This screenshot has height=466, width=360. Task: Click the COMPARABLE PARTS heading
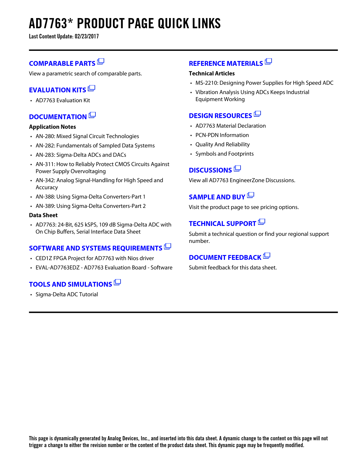point(62,64)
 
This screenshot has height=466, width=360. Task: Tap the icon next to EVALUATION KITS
point(91,88)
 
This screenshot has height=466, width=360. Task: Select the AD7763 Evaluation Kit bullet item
point(63,100)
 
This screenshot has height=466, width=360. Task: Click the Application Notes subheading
point(53,127)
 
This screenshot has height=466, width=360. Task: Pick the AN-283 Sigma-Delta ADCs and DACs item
point(81,155)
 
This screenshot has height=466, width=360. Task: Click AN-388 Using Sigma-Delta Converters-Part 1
point(90,197)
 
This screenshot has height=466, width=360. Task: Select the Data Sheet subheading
point(43,215)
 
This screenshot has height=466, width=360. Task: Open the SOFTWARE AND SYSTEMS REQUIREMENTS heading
point(95,248)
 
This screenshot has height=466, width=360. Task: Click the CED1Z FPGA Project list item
point(95,258)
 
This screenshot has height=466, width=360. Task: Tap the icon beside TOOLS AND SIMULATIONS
point(117,282)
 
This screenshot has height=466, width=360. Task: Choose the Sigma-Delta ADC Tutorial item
point(67,294)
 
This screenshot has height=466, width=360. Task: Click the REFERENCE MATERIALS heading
point(226,64)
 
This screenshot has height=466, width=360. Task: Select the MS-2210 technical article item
point(264,83)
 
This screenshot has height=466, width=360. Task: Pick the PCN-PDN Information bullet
point(222,135)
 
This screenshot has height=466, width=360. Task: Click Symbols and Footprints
point(224,154)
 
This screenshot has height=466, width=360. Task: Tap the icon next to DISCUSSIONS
point(237,168)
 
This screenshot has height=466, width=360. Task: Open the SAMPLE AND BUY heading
point(217,197)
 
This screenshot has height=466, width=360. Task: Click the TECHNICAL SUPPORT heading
point(222,224)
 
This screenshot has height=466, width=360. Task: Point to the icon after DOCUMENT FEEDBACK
point(267,256)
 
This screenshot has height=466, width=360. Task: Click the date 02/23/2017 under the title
point(87,36)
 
